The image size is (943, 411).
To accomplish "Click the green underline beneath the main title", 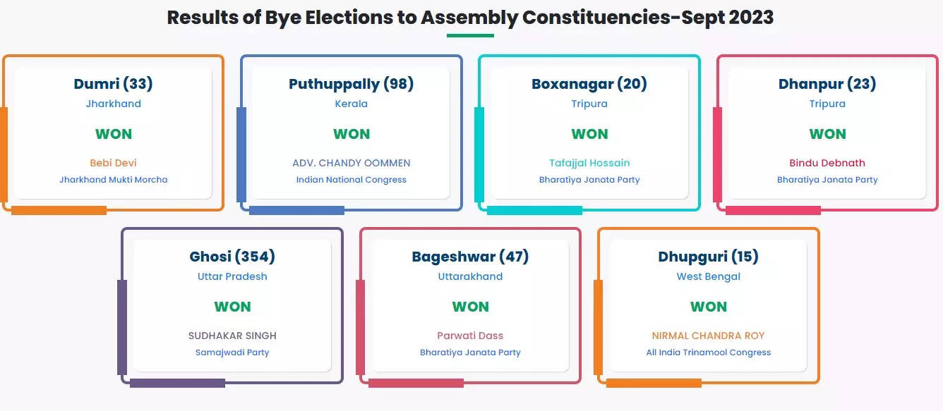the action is click(x=470, y=36).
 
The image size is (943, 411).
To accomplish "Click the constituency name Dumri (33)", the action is click(x=113, y=84).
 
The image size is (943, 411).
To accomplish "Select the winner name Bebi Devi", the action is click(x=113, y=163).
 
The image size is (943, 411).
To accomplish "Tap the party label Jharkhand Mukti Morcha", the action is click(x=113, y=180).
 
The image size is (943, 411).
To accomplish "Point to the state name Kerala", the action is click(x=351, y=104).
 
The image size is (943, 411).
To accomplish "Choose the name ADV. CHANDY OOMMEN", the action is click(x=351, y=163).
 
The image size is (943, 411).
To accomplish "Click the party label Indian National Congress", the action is click(x=351, y=180).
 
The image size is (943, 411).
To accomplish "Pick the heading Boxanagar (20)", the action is click(x=589, y=84).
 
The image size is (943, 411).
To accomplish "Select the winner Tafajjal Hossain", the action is click(x=589, y=163).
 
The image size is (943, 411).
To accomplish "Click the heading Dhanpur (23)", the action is click(x=827, y=84).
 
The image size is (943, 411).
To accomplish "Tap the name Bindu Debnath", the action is click(x=827, y=163).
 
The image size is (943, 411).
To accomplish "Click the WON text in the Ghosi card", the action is click(x=232, y=307).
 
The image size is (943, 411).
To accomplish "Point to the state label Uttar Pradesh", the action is click(x=232, y=276).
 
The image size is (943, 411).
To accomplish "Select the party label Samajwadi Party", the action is click(x=232, y=352).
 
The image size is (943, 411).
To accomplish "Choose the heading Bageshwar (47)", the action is click(x=470, y=257).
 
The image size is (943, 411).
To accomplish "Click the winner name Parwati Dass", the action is click(x=470, y=336).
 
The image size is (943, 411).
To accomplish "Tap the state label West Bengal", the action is click(x=709, y=276).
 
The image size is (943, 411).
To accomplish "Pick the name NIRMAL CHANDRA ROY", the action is click(x=709, y=336).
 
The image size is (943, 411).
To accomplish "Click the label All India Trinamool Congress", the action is click(x=709, y=352).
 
